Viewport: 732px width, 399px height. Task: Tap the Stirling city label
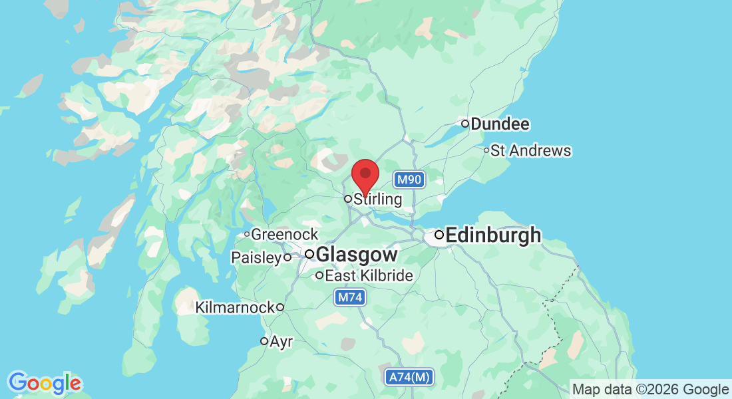(x=378, y=199)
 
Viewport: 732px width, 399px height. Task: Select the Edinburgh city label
(x=493, y=235)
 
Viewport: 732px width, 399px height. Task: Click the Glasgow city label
(x=357, y=255)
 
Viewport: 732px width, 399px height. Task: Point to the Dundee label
(x=500, y=124)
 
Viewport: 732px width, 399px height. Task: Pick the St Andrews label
(x=531, y=151)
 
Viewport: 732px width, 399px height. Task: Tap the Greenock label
(x=285, y=235)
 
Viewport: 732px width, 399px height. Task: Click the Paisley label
(x=256, y=257)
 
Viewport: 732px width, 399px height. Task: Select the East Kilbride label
(x=369, y=275)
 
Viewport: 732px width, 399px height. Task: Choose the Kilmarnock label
(x=235, y=307)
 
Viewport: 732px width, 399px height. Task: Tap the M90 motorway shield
(x=408, y=180)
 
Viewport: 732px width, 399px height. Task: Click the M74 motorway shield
(x=350, y=298)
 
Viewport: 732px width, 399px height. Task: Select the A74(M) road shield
(x=410, y=378)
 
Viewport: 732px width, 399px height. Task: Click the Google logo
(x=45, y=383)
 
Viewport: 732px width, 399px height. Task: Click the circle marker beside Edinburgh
(x=439, y=235)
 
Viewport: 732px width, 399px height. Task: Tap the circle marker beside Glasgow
(x=309, y=254)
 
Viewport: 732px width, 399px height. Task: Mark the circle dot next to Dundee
(x=465, y=124)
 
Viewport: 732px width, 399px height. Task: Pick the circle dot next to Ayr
(x=264, y=341)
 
